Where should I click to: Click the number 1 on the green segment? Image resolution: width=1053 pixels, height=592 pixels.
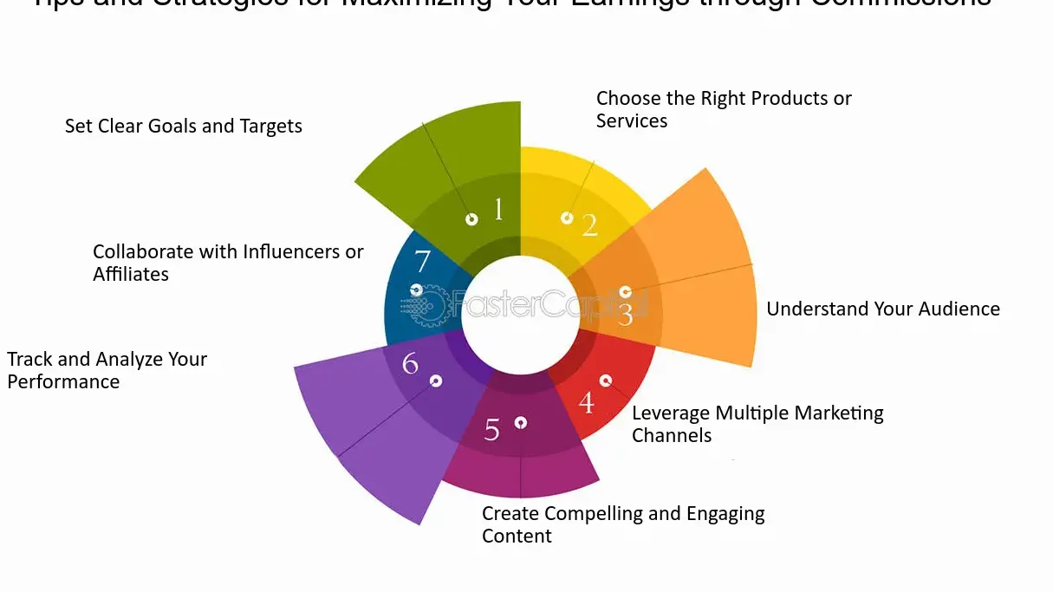pos(498,209)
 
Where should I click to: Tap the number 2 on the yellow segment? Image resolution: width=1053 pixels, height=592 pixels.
pos(590,225)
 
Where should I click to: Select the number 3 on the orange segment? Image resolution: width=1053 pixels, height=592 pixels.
pos(626,315)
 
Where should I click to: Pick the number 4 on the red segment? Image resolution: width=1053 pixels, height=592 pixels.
pos(587,403)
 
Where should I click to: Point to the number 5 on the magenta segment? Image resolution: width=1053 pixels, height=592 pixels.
pos(492,430)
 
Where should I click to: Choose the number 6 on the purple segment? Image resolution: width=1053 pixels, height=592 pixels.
pos(410,364)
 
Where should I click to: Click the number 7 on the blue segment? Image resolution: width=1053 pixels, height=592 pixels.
pos(422,261)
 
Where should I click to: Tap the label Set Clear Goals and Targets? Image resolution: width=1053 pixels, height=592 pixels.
pos(184,127)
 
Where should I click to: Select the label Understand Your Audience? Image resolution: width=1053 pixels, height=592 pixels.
pos(883,309)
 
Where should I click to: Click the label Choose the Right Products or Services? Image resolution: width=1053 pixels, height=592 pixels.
pos(724,110)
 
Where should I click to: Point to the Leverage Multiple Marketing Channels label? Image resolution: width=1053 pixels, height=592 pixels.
pos(757,424)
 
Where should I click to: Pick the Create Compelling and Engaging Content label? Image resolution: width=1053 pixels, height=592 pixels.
pos(623,524)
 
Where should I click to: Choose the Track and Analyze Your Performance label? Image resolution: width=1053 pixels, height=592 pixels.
pos(107,370)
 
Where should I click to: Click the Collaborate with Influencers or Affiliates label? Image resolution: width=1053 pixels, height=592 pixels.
pos(228,263)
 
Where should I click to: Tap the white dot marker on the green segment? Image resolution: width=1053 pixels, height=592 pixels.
pos(471,219)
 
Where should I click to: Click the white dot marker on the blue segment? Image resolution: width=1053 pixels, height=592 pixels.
pos(416,290)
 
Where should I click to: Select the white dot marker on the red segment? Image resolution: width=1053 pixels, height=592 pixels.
pos(606,381)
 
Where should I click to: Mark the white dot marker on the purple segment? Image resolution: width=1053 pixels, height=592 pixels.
pos(436,381)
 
